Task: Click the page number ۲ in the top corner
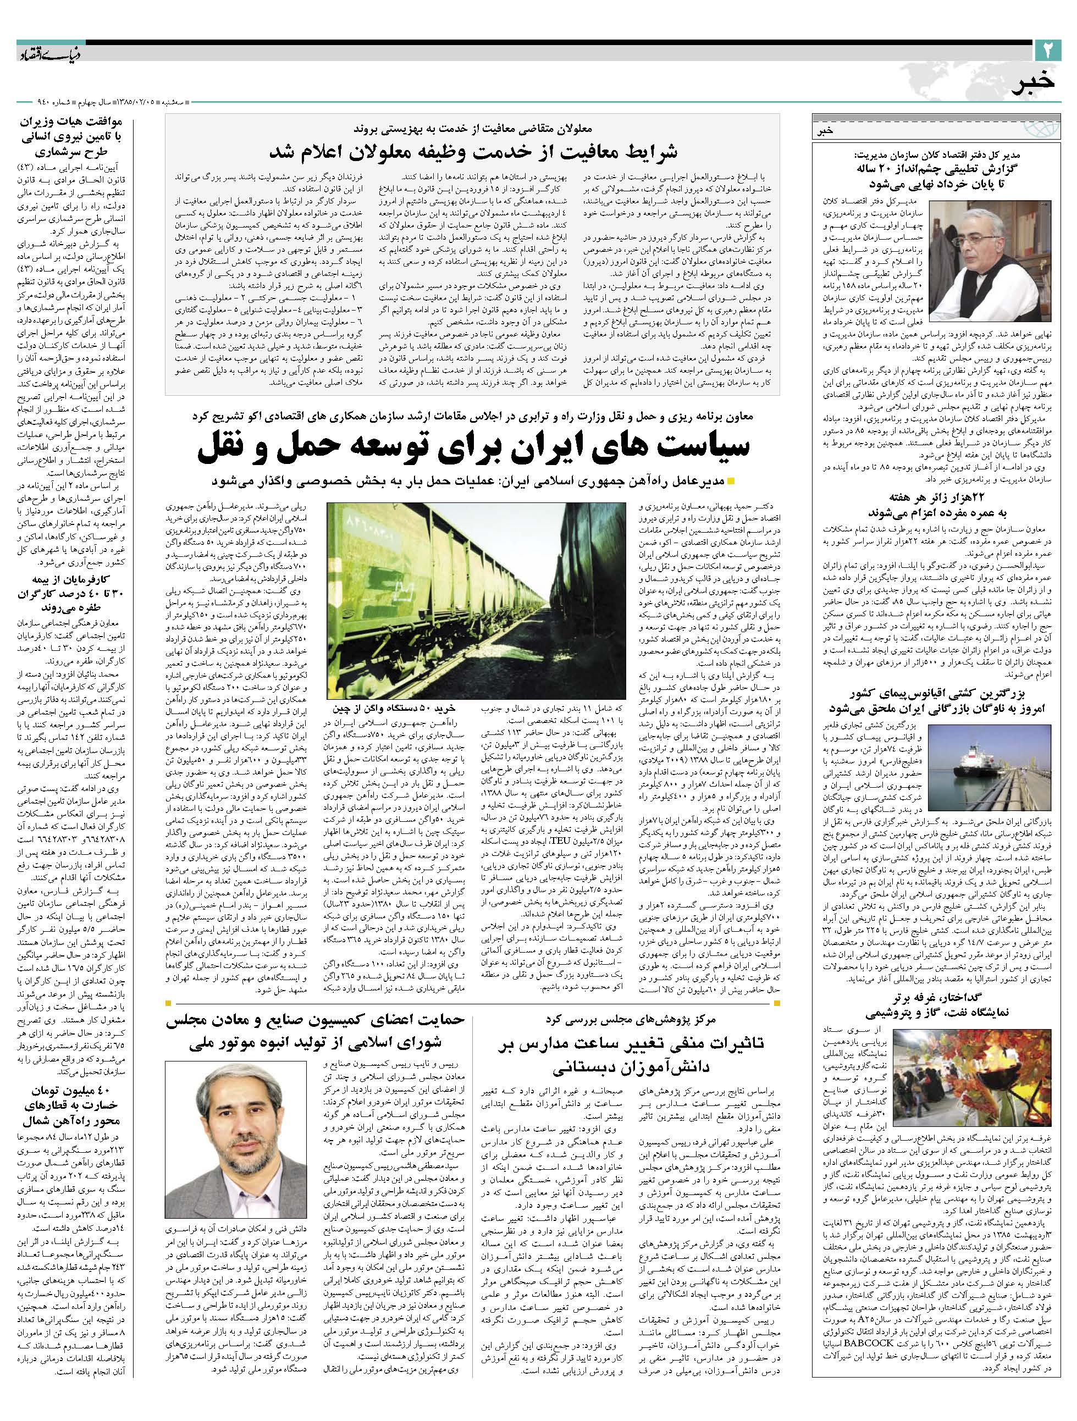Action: point(1047,49)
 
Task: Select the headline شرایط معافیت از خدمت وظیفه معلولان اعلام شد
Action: point(472,152)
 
